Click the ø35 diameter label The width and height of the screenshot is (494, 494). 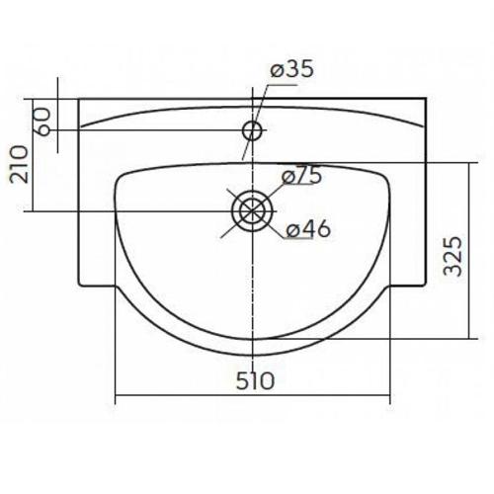pyautogui.click(x=291, y=69)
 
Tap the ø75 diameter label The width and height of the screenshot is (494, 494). pyautogui.click(x=301, y=175)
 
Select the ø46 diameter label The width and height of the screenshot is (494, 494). pyautogui.click(x=308, y=228)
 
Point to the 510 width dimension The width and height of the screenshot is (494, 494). pyautogui.click(x=255, y=381)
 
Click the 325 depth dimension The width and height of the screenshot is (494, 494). pyautogui.click(x=453, y=256)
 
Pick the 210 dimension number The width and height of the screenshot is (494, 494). pyautogui.click(x=19, y=165)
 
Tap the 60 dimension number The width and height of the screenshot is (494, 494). pyautogui.click(x=42, y=122)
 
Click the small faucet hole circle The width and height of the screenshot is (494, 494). pyautogui.click(x=252, y=130)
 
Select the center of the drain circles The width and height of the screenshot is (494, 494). pyautogui.click(x=252, y=210)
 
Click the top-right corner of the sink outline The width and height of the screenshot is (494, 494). pyautogui.click(x=426, y=98)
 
